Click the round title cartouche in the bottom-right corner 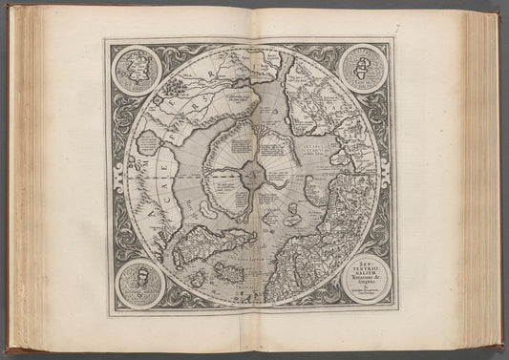pos(366,279)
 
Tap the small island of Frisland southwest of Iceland pos(200,280)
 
